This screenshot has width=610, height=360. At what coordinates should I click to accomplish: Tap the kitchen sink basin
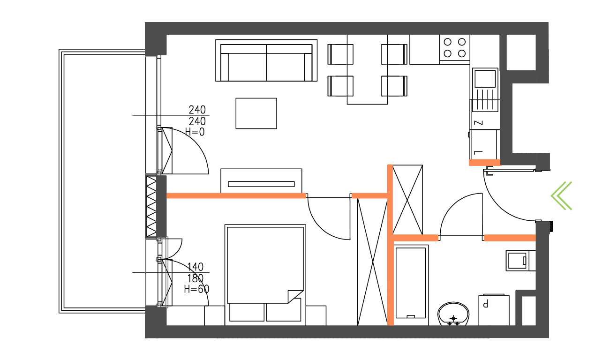point(485,78)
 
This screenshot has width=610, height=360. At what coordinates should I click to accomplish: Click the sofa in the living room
point(266,61)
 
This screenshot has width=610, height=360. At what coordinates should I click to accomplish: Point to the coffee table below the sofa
point(256,113)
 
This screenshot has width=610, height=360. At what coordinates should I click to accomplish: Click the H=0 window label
point(195,132)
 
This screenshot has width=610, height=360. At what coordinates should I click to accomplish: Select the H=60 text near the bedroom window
point(196,289)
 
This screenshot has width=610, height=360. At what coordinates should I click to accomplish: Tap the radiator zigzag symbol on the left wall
point(151,206)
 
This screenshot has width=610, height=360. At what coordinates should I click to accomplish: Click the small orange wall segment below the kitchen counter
point(484,163)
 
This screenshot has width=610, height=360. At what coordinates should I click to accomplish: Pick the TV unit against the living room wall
point(262,181)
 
